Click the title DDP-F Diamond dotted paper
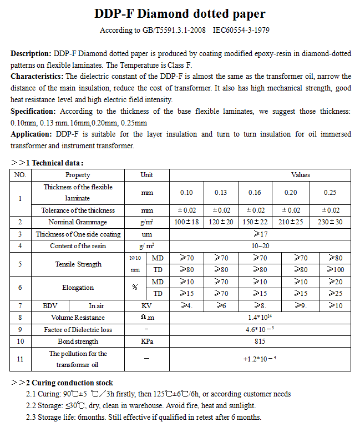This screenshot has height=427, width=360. click(180, 14)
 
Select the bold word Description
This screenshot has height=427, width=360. click(31, 54)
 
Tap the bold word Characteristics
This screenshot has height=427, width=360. click(37, 76)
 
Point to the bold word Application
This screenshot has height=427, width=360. click(32, 134)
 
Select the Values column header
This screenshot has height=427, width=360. click(300, 174)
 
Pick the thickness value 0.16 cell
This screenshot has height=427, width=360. click(255, 192)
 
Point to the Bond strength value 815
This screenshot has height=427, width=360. click(260, 341)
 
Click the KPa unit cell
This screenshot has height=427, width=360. click(147, 341)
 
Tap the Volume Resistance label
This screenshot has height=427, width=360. click(78, 318)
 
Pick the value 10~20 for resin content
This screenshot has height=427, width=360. click(260, 246)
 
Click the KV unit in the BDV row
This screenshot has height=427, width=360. click(147, 305)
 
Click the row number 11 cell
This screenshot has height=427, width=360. click(20, 359)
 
